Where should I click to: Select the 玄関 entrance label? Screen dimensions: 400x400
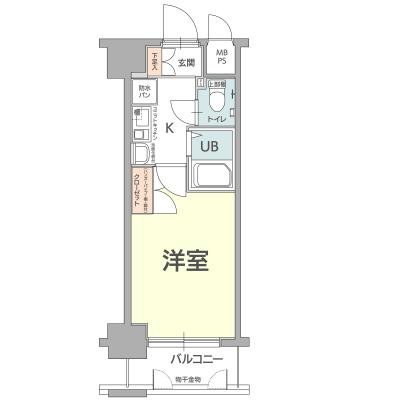click(186, 63)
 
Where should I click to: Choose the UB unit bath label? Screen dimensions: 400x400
click(209, 146)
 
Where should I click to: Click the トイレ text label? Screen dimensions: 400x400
click(215, 119)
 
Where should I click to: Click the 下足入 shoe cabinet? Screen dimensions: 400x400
click(154, 62)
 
